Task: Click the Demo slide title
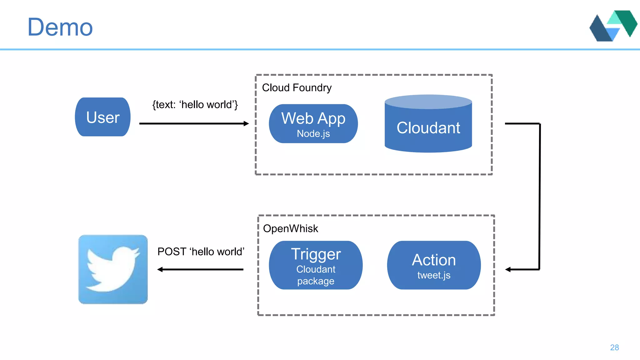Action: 60,27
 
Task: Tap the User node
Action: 103,117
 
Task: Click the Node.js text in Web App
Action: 313,134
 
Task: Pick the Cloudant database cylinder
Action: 428,128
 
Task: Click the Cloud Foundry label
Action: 297,88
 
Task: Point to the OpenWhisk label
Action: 290,229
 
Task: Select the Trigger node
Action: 316,254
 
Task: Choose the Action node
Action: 434,260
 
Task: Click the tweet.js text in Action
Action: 434,275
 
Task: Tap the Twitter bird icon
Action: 113,269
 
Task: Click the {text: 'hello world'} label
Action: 195,105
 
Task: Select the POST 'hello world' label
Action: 201,252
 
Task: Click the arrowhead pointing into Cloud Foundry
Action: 246,124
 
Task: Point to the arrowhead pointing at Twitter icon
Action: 160,269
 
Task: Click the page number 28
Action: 614,347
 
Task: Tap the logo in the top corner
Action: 613,26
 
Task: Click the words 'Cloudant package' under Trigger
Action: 316,275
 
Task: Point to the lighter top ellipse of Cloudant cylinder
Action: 428,102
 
